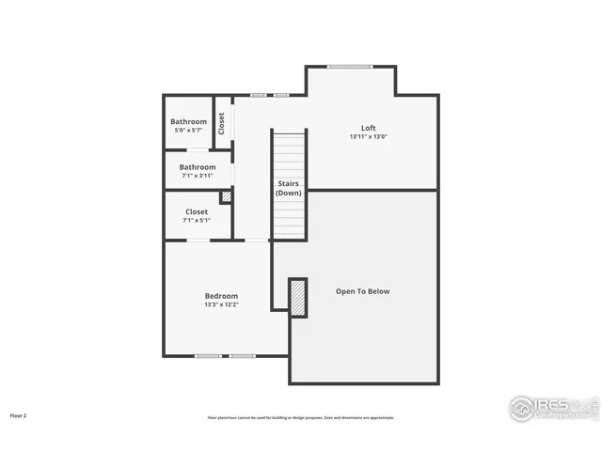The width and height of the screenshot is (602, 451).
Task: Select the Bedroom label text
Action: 221,296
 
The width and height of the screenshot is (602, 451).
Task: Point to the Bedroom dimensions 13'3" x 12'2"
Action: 221,304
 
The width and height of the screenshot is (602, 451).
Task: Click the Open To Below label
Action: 362,291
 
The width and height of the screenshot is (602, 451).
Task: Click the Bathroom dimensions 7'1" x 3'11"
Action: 198,175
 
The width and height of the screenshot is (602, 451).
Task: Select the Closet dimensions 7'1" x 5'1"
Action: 197,221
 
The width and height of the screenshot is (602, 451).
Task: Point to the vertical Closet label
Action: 222,123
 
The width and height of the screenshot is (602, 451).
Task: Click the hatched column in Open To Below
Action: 298,298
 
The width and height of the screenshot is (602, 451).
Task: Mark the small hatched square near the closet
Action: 226,197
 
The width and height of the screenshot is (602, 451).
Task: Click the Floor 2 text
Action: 19,414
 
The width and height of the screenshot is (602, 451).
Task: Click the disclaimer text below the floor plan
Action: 301,417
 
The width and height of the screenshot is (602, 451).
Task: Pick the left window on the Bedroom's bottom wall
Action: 208,356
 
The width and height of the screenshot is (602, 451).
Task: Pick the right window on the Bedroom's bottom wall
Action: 243,356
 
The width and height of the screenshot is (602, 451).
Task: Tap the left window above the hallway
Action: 258,95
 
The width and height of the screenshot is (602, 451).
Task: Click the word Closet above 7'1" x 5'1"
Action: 197,212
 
